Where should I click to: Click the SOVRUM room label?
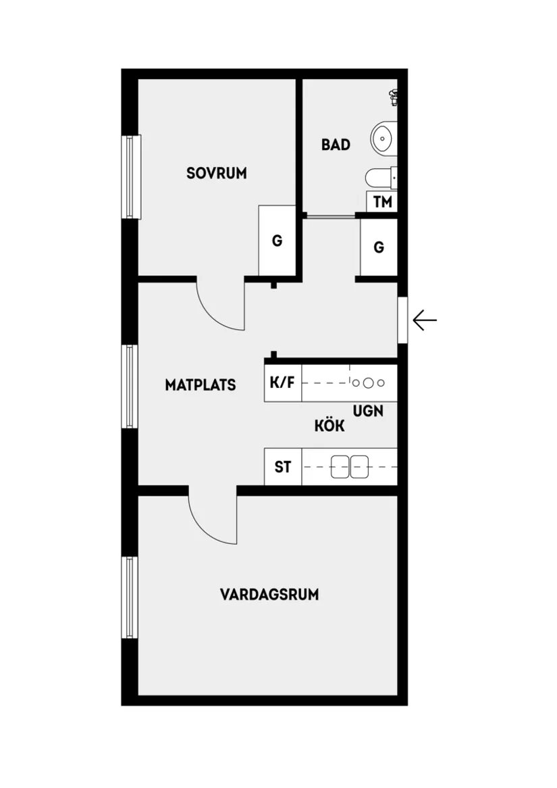pos(217,173)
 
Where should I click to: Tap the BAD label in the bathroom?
pos(336,145)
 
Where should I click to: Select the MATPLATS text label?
pos(201,385)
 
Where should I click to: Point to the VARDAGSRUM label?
pos(269,595)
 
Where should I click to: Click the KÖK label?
pos(329,426)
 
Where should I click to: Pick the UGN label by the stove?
pos(368,410)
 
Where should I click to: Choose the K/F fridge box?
pos(282,383)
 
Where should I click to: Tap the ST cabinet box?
pos(283,467)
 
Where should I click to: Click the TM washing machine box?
pos(382,201)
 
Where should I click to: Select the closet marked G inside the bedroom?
pos(277,241)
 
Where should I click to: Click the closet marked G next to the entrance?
pos(379,247)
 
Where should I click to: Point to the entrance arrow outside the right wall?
pos(425,320)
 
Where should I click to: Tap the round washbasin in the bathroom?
pos(383,139)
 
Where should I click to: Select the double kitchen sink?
pos(350,467)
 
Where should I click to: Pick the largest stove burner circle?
pos(368,383)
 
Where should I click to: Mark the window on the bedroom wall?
pos(130,176)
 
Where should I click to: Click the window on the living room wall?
pos(130,597)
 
